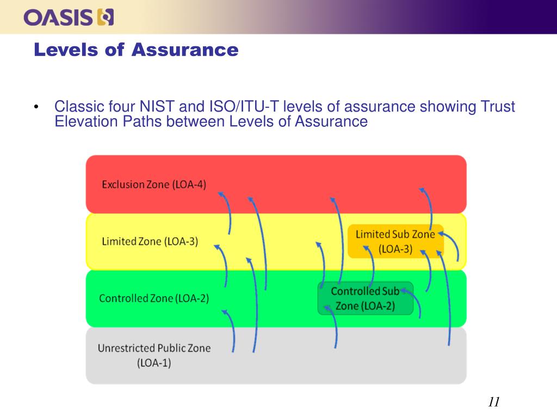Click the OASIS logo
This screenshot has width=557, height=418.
click(69, 18)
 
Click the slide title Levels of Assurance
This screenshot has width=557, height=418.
click(136, 50)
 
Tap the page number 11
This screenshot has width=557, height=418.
click(493, 402)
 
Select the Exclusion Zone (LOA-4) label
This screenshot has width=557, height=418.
click(154, 185)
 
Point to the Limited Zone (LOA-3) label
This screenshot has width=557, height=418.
click(150, 241)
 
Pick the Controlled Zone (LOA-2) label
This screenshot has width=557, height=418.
click(154, 298)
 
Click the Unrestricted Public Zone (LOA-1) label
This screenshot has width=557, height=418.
click(154, 355)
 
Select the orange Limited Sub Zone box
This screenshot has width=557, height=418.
click(395, 241)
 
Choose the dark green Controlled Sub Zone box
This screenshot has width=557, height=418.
click(365, 298)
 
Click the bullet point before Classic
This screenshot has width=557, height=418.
click(36, 107)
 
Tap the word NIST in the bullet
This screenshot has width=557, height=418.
click(161, 107)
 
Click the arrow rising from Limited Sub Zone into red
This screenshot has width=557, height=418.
click(428, 207)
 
